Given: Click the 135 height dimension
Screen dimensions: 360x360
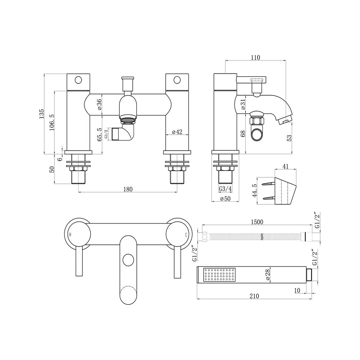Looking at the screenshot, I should click(x=42, y=114).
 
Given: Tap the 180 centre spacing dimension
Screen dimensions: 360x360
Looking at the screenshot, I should click(x=128, y=189).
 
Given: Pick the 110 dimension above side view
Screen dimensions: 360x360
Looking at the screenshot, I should click(x=256, y=57).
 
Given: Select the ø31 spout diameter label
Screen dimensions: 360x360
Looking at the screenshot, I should click(x=243, y=105).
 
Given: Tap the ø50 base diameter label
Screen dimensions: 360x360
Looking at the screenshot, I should click(x=225, y=199).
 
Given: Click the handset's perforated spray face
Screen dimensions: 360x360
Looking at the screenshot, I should click(x=219, y=275).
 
